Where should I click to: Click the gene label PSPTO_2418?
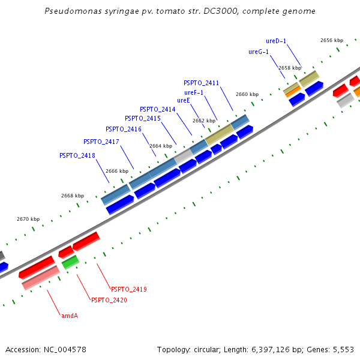coord(77,155)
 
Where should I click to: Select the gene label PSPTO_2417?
coord(101,142)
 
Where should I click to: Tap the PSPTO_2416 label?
coord(124,129)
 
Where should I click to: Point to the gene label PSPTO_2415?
coord(143,118)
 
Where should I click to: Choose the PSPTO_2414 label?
coord(158,109)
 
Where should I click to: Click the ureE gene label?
coord(184,100)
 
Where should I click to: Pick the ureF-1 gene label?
coord(194,92)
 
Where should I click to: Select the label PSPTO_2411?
coord(202,83)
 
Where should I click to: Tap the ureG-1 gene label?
coord(259,52)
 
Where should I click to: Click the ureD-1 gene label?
coord(276,41)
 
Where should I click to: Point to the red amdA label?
coord(70,315)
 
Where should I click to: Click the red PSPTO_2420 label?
coord(109,300)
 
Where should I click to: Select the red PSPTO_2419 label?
coord(129,289)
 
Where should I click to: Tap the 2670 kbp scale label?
coord(28,219)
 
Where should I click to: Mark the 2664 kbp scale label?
coord(161,146)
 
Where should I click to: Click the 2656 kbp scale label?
coord(332,40)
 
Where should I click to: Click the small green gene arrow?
coord(70,262)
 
